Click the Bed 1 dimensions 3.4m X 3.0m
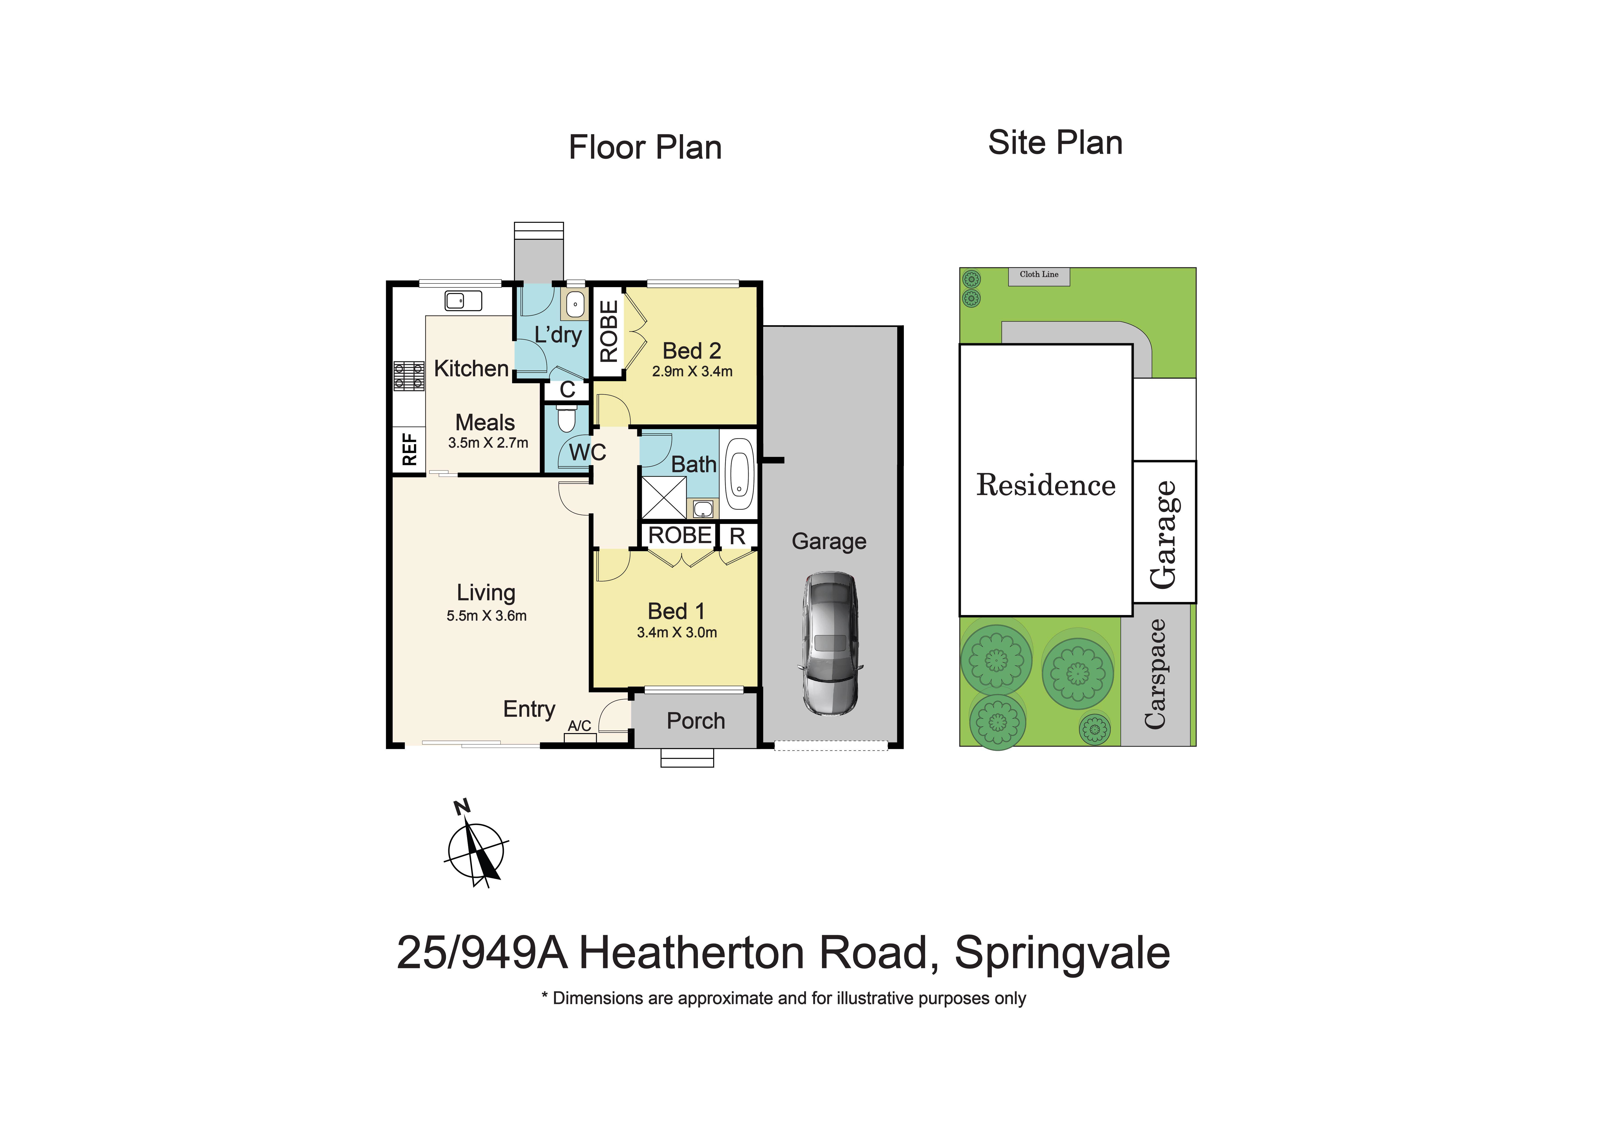pyautogui.click(x=677, y=633)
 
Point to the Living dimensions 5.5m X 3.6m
pyautogui.click(x=486, y=616)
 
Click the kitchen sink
pyautogui.click(x=463, y=301)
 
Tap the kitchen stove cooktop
pyautogui.click(x=409, y=375)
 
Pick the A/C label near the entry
pyautogui.click(x=579, y=726)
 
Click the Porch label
pyautogui.click(x=696, y=721)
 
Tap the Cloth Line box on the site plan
pyautogui.click(x=1039, y=275)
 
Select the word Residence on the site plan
pyautogui.click(x=1046, y=485)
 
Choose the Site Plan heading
pyautogui.click(x=1055, y=143)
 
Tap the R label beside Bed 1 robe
pyautogui.click(x=737, y=536)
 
